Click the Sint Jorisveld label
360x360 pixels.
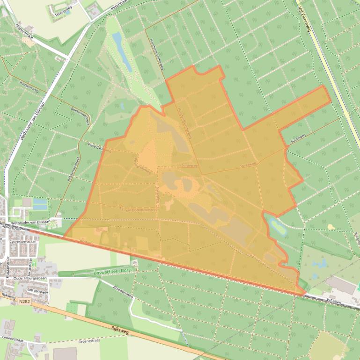tap(38, 290)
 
